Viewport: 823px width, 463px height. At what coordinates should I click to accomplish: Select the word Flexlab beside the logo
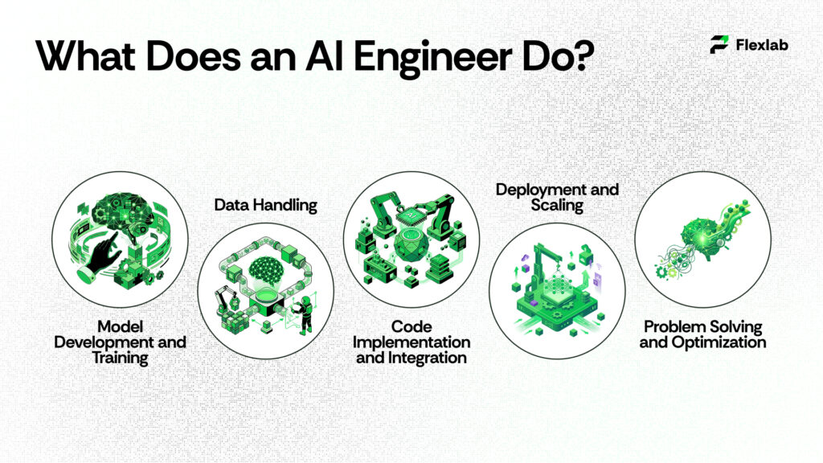761,45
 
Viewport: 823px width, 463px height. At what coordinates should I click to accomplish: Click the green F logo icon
719,45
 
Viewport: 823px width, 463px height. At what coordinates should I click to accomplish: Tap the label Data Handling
265,205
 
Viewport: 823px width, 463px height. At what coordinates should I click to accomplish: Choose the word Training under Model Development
120,358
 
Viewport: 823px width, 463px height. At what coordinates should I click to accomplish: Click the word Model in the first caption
120,326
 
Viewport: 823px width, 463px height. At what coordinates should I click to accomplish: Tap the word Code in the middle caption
411,326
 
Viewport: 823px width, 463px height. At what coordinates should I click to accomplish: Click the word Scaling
557,206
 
